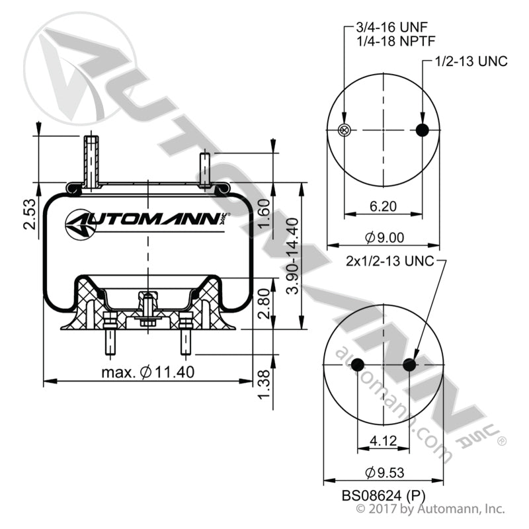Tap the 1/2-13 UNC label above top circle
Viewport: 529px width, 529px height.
(x=471, y=61)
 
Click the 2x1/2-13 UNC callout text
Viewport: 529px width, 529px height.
(x=390, y=261)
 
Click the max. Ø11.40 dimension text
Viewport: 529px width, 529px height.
(x=148, y=372)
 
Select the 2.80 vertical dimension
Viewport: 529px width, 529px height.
(x=264, y=302)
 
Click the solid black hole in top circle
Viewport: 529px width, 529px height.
(x=423, y=130)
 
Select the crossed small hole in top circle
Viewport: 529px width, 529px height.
(x=343, y=130)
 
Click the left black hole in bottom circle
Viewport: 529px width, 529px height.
(x=357, y=364)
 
